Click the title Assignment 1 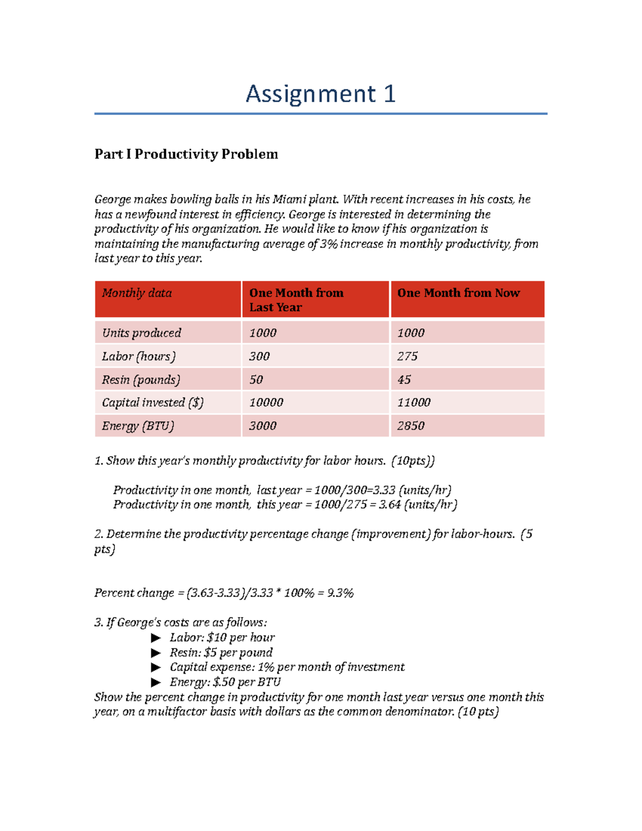tap(320, 94)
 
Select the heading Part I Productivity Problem tap(186, 154)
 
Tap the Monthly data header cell tap(137, 293)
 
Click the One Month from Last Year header tap(296, 300)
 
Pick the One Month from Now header tap(458, 293)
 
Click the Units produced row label tap(142, 333)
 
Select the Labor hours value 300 tap(259, 356)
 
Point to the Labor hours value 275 tap(407, 356)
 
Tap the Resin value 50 tap(256, 380)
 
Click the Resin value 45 tap(404, 380)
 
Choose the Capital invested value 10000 tap(266, 402)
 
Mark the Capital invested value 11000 tap(414, 402)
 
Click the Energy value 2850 tap(411, 426)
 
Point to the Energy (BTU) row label tap(138, 426)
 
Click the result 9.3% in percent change tap(340, 593)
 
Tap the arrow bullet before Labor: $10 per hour tap(156, 638)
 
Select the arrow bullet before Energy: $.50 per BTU tap(156, 682)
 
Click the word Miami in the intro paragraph tap(289, 200)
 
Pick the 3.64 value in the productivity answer tap(389, 505)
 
